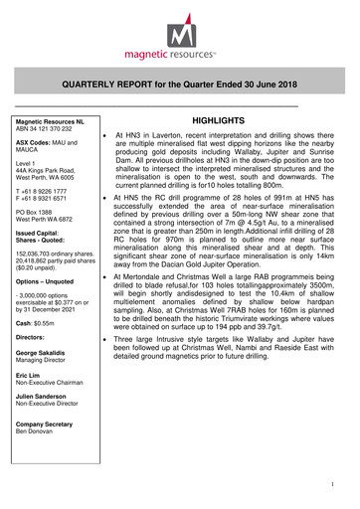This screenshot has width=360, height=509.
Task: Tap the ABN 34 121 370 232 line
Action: click(x=51, y=129)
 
